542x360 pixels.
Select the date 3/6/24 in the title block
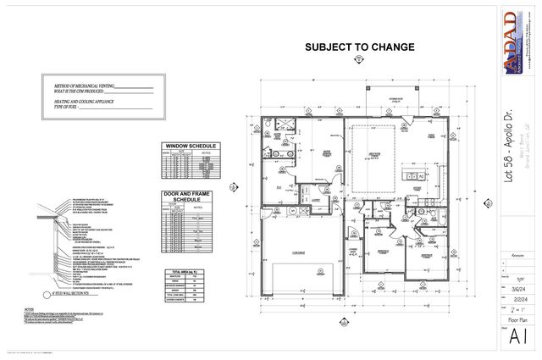point(517,287)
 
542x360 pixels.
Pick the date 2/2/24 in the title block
point(517,297)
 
